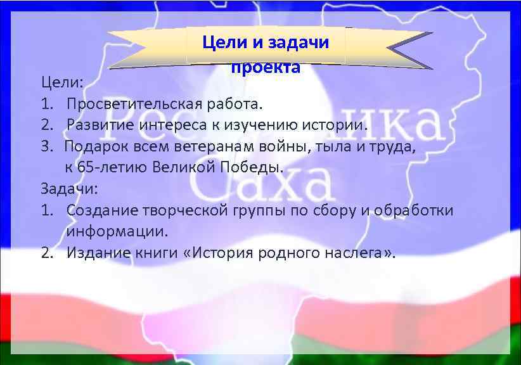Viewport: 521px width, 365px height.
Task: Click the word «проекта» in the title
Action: pyautogui.click(x=265, y=68)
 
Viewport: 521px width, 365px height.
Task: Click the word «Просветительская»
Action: pyautogui.click(x=133, y=103)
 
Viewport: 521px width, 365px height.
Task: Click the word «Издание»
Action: pyautogui.click(x=102, y=253)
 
